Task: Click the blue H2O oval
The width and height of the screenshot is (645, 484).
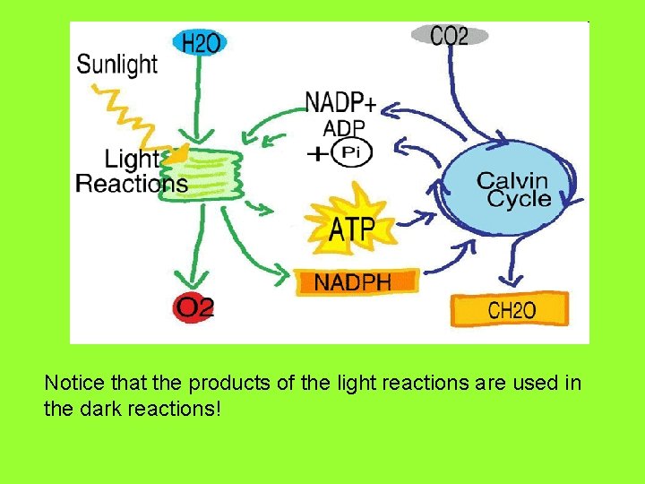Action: tap(198, 40)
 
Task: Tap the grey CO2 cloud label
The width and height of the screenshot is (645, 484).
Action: tap(450, 36)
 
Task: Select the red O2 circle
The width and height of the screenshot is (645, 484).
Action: tap(194, 308)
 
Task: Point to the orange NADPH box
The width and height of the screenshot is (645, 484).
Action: tap(357, 281)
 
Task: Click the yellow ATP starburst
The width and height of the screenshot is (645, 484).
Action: tap(351, 228)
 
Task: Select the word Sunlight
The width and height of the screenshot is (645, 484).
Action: tap(116, 65)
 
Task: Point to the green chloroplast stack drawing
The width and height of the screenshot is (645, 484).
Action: tap(210, 170)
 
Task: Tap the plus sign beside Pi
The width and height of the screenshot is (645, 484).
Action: tap(316, 154)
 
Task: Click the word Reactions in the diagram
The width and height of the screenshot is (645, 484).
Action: tap(132, 185)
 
